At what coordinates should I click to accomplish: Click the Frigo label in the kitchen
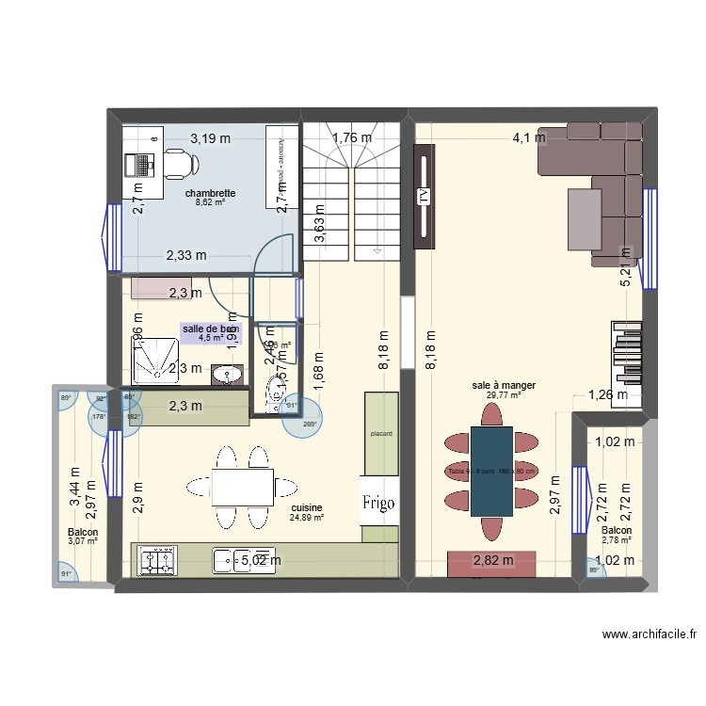[380, 503]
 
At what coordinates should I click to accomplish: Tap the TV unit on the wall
[423, 197]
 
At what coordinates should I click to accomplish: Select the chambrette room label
[209, 193]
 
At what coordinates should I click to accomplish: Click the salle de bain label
[211, 329]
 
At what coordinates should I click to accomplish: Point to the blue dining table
[491, 471]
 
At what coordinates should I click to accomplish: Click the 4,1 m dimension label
[528, 137]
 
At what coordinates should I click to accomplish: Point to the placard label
[380, 434]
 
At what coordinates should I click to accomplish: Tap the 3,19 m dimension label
[210, 138]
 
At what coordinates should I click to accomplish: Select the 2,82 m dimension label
[492, 561]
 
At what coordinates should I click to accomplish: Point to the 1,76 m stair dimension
[351, 138]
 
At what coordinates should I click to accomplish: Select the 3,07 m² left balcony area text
[83, 541]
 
